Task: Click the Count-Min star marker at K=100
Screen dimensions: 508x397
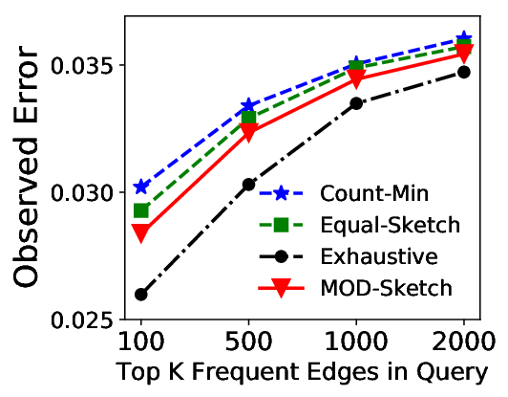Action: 141,187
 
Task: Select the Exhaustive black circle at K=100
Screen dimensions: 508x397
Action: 141,295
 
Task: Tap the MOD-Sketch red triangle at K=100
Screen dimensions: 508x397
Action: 141,232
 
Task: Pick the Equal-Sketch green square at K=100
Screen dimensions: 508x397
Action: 141,211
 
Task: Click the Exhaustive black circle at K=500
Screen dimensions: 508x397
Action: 248,185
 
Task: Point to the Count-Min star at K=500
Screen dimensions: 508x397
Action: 248,105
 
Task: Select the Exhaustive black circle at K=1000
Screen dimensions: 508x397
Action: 356,103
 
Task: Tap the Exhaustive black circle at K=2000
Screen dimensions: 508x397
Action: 464,72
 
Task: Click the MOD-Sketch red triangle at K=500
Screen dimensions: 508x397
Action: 248,132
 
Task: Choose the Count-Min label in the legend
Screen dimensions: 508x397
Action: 374,193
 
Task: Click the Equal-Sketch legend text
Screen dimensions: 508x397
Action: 390,225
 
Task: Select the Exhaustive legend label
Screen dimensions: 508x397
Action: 379,256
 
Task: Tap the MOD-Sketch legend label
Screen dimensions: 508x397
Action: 386,288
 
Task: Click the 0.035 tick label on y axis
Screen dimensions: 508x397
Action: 84,65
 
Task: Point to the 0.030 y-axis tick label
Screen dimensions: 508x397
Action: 84,192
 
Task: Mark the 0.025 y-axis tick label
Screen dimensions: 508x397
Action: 84,320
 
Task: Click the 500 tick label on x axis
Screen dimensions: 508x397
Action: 248,342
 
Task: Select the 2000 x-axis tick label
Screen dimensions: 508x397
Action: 464,342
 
